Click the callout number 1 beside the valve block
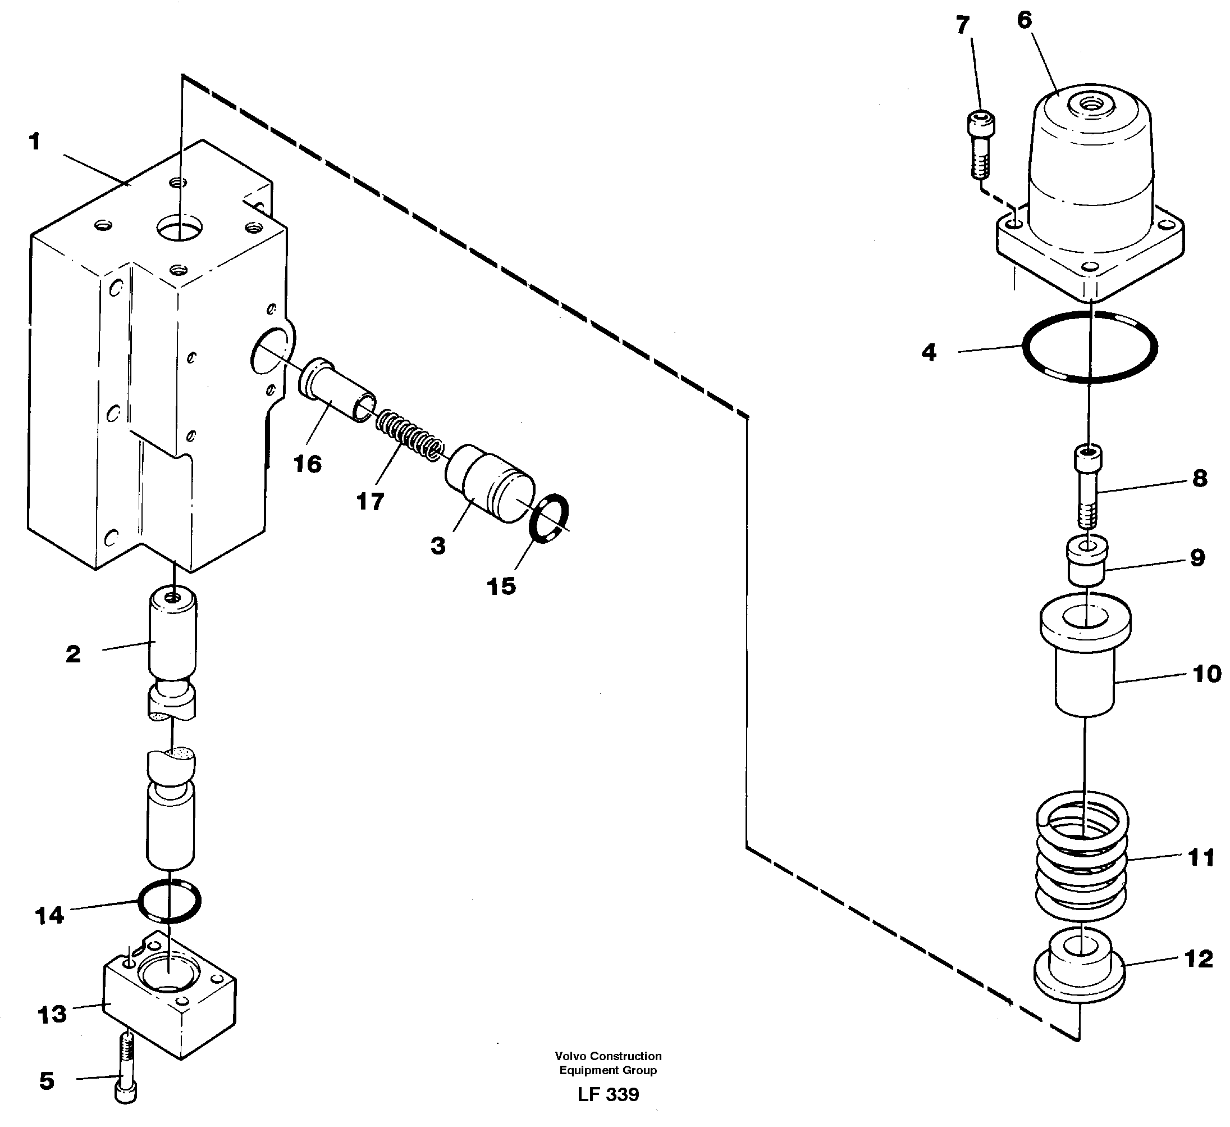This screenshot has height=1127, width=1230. tap(35, 142)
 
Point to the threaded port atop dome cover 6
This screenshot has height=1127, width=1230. tap(1090, 107)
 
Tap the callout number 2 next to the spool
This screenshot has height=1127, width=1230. tap(73, 654)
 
